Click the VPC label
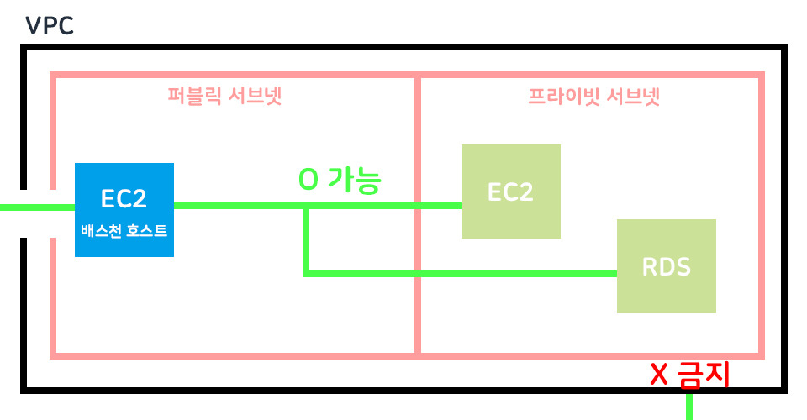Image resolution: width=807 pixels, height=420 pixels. click(50, 24)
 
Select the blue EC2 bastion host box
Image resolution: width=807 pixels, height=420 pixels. click(124, 209)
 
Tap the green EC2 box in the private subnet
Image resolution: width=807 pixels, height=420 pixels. click(510, 192)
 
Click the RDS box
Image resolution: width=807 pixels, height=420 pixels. click(666, 265)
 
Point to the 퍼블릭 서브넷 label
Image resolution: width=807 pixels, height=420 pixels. click(224, 97)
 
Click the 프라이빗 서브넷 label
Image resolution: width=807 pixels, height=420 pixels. click(593, 97)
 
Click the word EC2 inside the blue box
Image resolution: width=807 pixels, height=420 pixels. click(124, 199)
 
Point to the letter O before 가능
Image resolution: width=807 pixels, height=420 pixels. click(309, 181)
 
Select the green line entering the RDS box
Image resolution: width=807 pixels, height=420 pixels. click(504, 273)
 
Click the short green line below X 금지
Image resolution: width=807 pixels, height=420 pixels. click(689, 407)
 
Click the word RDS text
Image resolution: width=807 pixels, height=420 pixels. click(666, 267)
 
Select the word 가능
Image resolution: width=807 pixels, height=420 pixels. click(355, 180)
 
